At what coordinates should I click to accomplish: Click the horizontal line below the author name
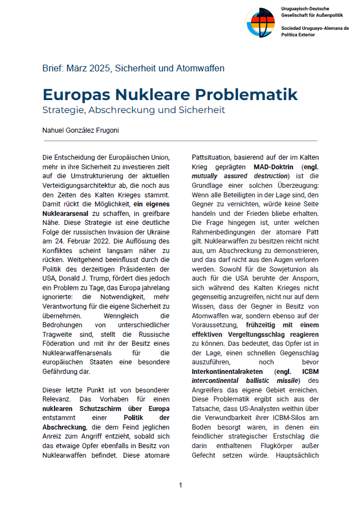(x=180, y=141)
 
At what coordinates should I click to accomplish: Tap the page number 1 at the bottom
(x=181, y=485)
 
